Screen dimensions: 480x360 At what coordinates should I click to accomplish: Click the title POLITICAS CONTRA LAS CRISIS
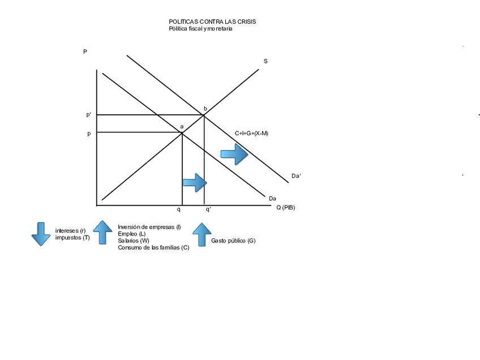click(x=212, y=22)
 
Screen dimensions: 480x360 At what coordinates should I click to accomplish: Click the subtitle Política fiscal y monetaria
click(x=200, y=29)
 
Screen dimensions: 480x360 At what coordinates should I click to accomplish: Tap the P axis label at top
click(x=85, y=52)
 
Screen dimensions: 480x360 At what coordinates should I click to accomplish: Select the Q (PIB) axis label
click(x=285, y=208)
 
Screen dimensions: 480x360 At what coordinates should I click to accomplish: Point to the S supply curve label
click(x=265, y=61)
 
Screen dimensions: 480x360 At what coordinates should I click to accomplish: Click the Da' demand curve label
click(x=296, y=176)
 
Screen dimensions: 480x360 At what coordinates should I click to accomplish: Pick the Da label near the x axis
click(x=272, y=198)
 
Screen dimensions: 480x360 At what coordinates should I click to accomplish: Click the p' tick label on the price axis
click(x=89, y=115)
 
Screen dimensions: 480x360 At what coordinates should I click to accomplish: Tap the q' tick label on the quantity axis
click(x=208, y=209)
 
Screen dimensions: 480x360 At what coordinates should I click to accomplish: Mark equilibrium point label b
click(x=205, y=108)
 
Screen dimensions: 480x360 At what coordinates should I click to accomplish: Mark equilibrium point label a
click(x=182, y=127)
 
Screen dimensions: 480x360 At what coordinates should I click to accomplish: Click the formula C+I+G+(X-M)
click(x=251, y=134)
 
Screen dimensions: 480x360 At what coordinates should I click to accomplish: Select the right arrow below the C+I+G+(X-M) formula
click(x=234, y=154)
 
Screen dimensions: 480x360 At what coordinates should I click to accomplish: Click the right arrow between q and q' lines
click(x=194, y=182)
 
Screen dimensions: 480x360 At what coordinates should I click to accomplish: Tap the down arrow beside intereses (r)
click(x=41, y=233)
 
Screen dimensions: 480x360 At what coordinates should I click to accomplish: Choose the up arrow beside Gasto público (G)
click(x=202, y=234)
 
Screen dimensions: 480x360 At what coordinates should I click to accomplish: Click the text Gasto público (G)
click(x=233, y=241)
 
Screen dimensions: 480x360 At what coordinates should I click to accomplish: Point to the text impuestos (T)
click(x=72, y=238)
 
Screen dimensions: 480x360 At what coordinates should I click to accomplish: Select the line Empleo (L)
click(x=131, y=234)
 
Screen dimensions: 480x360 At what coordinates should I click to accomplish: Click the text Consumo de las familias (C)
click(x=153, y=247)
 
